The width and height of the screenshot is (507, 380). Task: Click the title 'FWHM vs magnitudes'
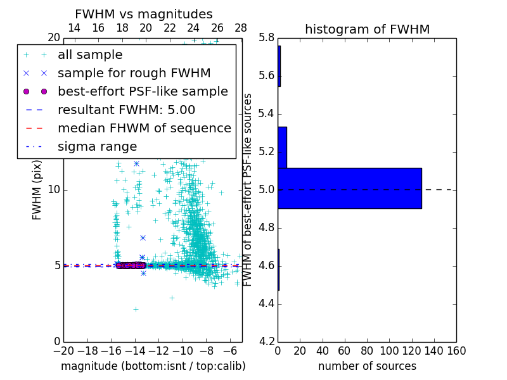144,14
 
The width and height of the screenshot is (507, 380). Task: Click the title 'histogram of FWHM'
367,29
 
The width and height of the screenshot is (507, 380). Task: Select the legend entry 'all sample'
90,55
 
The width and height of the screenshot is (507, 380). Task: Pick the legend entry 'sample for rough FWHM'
134,73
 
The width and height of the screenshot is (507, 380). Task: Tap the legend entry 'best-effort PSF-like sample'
143,92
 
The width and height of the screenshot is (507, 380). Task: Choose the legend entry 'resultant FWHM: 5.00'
126,110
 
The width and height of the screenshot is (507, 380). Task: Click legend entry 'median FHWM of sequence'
144,129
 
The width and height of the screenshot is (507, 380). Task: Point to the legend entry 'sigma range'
97,147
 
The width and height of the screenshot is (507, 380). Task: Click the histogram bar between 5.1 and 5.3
282,147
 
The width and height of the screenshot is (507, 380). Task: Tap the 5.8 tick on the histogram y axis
266,38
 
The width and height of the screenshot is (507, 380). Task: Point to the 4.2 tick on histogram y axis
266,341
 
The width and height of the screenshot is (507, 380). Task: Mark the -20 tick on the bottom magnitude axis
63,351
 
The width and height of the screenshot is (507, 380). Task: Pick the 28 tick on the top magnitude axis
241,28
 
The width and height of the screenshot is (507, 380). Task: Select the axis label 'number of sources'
367,366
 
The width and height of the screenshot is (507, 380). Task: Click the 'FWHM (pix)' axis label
37,190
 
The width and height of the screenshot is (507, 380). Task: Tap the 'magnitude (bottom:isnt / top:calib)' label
153,366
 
